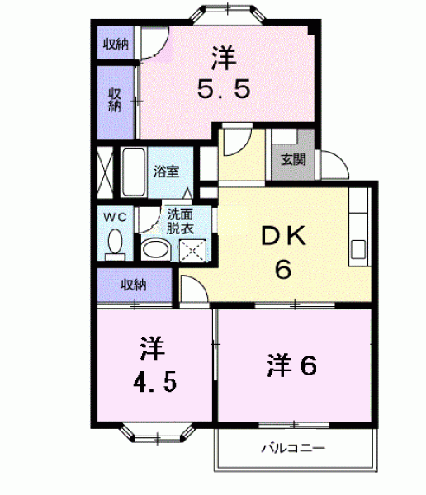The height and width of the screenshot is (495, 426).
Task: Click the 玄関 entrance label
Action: [x=293, y=159]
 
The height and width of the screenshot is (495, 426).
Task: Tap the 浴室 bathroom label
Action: [x=167, y=172]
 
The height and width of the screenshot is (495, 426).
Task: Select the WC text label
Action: [x=115, y=217]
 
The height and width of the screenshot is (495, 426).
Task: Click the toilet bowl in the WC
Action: [x=115, y=243]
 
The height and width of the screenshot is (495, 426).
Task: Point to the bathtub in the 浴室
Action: [x=134, y=172]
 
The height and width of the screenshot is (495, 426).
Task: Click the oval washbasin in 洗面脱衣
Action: [x=155, y=249]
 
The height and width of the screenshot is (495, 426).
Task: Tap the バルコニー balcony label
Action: [x=293, y=448]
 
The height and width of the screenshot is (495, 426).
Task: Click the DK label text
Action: [x=284, y=236]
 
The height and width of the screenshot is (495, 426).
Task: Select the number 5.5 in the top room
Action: [x=224, y=89]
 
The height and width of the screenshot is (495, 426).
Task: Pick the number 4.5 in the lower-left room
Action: [x=155, y=381]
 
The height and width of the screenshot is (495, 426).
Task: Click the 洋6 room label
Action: [x=291, y=365]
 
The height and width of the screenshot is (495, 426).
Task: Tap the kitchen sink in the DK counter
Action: [x=358, y=250]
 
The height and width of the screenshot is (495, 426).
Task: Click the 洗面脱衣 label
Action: [x=180, y=221]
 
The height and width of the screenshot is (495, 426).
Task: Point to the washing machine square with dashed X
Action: [x=193, y=251]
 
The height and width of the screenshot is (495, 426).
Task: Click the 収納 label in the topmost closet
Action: [x=116, y=44]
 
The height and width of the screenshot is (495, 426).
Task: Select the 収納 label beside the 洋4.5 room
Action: [x=134, y=285]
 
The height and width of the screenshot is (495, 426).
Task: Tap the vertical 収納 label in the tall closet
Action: [x=115, y=100]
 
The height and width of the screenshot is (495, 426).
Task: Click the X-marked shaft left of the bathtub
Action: [x=105, y=172]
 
